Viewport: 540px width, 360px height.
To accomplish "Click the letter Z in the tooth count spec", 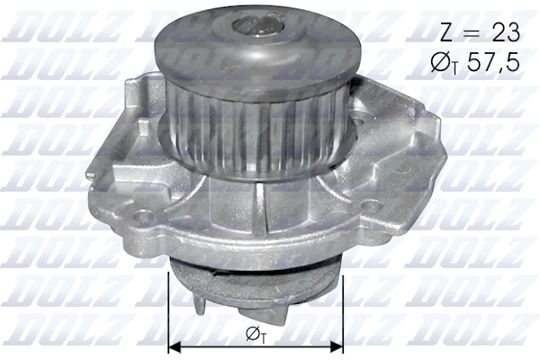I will click(446, 33).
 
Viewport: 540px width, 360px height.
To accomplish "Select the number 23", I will click(504, 33).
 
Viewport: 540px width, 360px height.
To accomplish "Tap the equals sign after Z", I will click(473, 34).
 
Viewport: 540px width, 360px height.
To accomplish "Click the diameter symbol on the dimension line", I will click(252, 334).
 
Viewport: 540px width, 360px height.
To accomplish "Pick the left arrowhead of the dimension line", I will click(175, 345).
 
